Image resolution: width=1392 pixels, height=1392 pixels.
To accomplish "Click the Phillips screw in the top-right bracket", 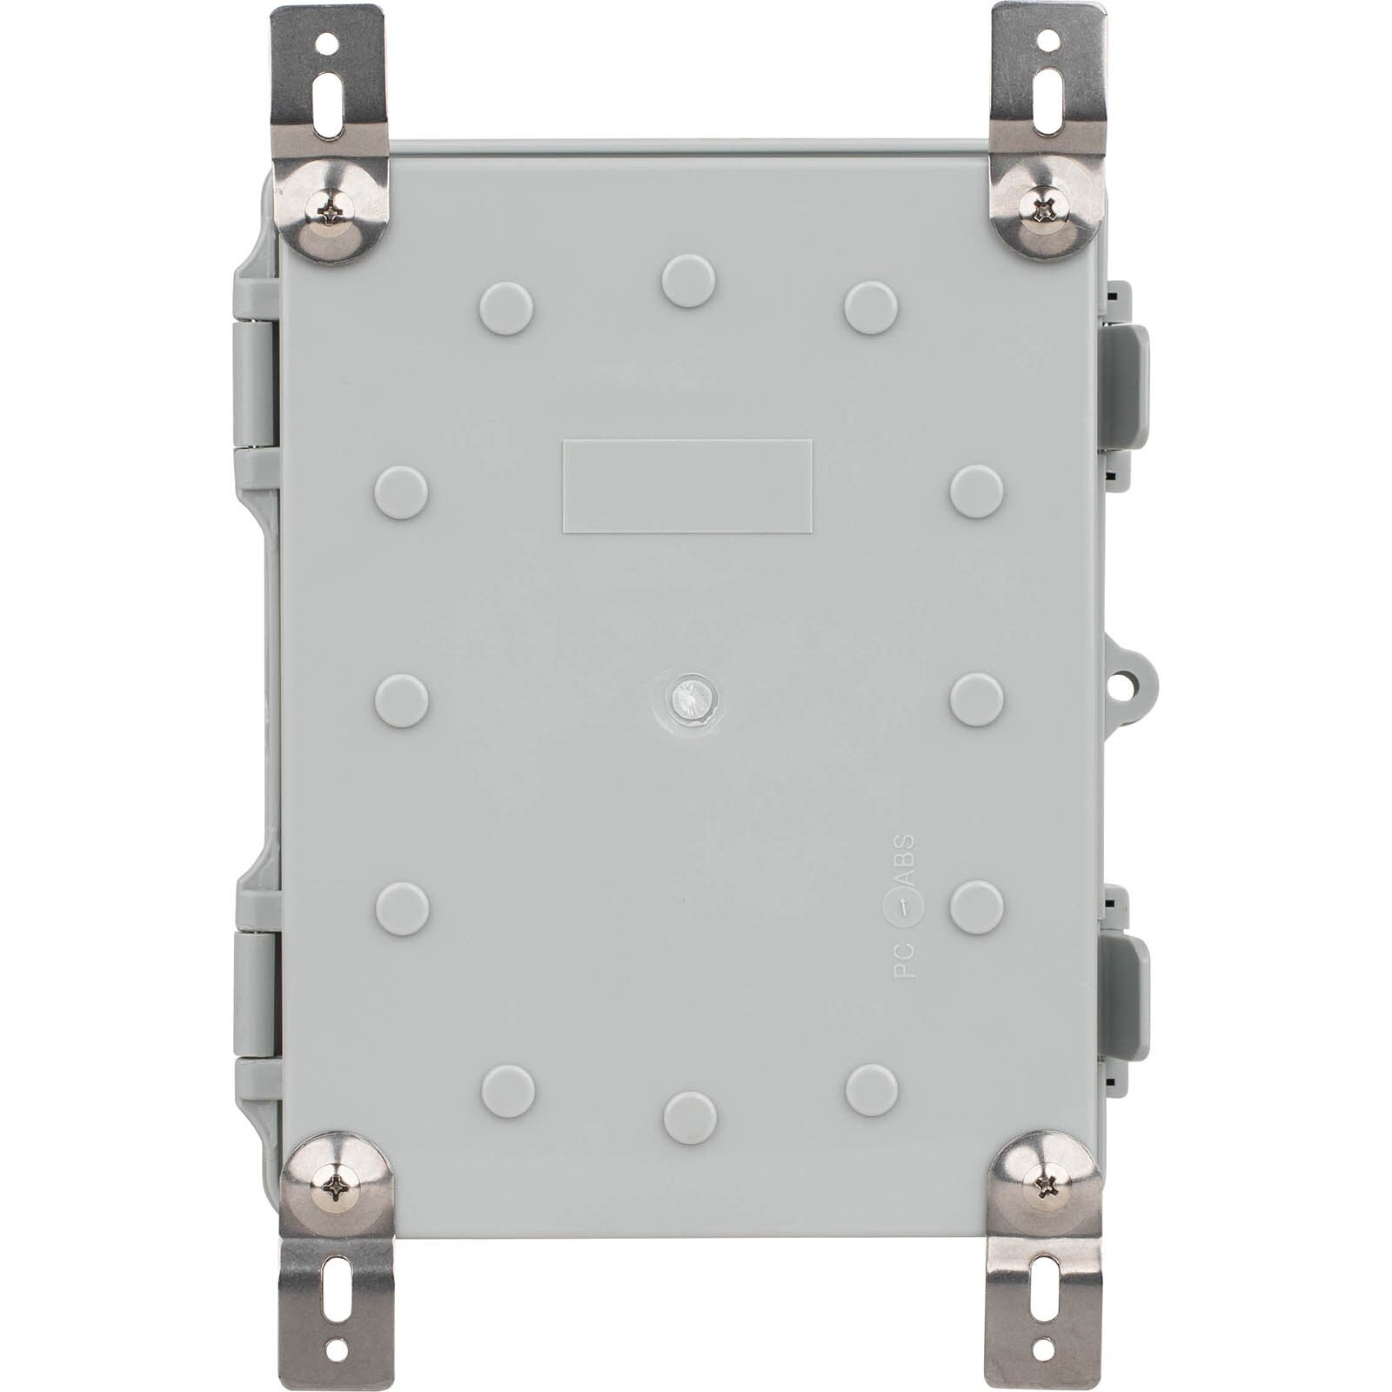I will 1048,207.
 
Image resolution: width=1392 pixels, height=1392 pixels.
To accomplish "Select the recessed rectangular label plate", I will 687,485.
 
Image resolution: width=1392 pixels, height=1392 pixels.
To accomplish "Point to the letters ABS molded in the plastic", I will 905,860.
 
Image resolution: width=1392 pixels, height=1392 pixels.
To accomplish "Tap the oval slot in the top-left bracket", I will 329,104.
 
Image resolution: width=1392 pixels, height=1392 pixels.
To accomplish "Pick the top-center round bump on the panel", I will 688,281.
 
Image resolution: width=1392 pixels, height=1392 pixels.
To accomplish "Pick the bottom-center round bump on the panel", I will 690,1118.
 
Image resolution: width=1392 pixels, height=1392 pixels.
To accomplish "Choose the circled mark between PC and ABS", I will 905,908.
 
